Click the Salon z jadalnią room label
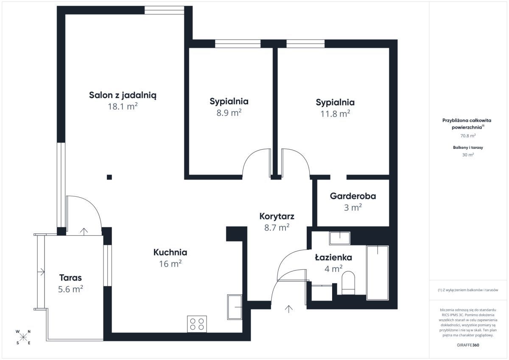coord(123,95)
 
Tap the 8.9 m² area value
coord(229,113)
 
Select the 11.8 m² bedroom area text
coord(335,114)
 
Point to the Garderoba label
coord(353,196)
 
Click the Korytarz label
coord(277,216)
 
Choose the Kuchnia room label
coord(170,252)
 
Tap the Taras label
coord(70,278)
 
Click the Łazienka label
coord(333,257)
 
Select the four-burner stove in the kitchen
coord(197,324)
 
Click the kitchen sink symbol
coord(235,307)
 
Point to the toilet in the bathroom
coord(348,283)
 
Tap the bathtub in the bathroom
coord(378,273)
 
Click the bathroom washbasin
coord(340,238)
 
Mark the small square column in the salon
coord(109,177)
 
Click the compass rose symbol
coord(23,337)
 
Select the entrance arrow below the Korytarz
coord(288,309)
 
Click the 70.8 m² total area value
coord(468,136)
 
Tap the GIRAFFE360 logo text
coord(468,345)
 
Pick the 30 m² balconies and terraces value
coord(468,155)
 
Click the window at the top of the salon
coord(164,10)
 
